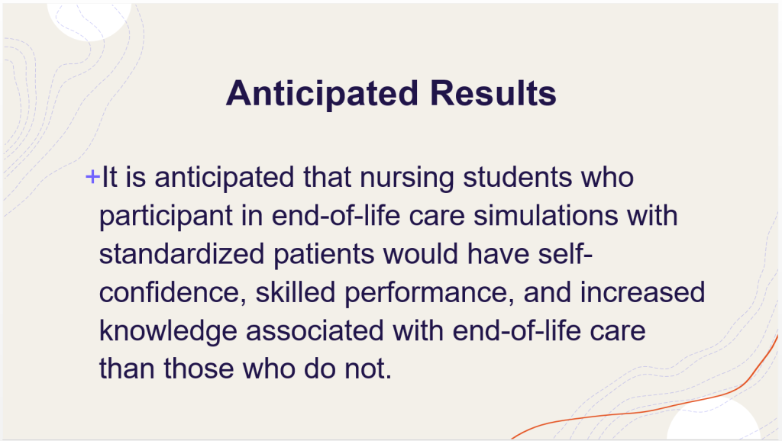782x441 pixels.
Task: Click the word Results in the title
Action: [493, 93]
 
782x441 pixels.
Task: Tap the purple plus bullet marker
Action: [92, 176]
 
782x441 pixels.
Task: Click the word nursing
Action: [407, 179]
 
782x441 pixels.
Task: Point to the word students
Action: [517, 178]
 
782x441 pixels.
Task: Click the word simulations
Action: [545, 216]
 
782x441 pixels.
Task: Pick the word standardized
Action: [182, 254]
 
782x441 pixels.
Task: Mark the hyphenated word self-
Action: [565, 254]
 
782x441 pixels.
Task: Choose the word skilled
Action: [296, 292]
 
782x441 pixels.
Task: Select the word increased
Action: [642, 292]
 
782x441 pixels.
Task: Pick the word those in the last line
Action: [199, 369]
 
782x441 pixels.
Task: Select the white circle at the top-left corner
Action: [89, 21]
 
